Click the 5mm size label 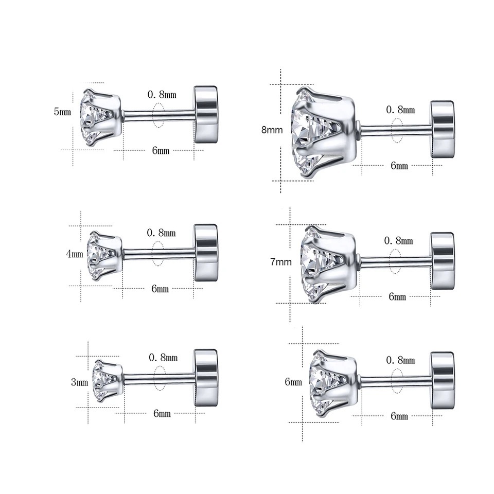point(62,112)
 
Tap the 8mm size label point(272,130)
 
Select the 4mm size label point(74,254)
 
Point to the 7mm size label point(281,262)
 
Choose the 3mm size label point(79,382)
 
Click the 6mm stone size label point(293,382)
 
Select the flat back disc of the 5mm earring point(206,114)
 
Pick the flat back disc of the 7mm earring point(443,261)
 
